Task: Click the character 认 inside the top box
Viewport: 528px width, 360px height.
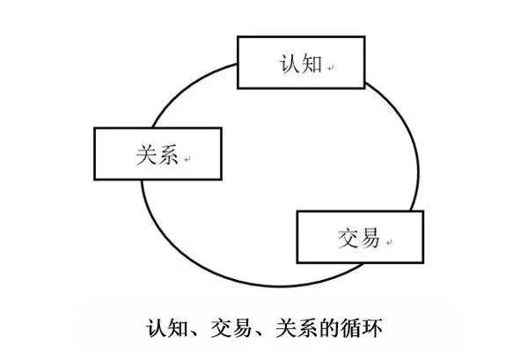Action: pos(289,63)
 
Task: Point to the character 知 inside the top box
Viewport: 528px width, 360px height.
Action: pos(312,63)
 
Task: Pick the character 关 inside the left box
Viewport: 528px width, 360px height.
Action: pos(146,155)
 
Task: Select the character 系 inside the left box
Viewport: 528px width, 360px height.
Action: pos(168,155)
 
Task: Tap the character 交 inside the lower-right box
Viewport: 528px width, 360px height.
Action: pos(348,238)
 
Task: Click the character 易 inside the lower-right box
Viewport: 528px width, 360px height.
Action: pos(370,238)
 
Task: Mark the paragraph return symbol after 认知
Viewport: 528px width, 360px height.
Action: pos(330,68)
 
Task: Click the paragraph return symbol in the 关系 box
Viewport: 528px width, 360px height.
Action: pos(187,159)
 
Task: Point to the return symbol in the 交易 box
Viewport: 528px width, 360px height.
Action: pos(389,242)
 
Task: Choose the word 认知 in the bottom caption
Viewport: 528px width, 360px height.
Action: pos(167,327)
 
